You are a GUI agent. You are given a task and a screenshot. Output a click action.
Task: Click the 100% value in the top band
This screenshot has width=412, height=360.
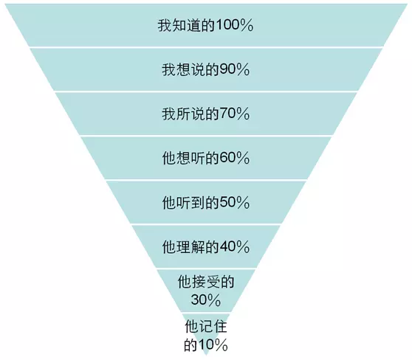tap(234, 26)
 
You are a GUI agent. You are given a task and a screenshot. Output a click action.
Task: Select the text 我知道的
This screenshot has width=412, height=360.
tap(186, 26)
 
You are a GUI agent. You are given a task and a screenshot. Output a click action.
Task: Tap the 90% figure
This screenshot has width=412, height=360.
tap(234, 70)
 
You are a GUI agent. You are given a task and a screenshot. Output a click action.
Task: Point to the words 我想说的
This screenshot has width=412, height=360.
tap(190, 70)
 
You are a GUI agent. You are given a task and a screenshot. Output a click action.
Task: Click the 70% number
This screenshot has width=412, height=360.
tap(234, 114)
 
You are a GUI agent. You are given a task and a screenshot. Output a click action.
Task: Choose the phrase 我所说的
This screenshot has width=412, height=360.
tap(190, 114)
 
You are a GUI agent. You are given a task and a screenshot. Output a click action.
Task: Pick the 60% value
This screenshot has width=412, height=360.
tap(234, 158)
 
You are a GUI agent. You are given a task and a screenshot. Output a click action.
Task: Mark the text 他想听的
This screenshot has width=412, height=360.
tap(190, 158)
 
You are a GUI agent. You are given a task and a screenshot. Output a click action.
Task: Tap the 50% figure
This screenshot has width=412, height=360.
tap(234, 202)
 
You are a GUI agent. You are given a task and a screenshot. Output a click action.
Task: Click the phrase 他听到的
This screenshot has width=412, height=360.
tap(190, 202)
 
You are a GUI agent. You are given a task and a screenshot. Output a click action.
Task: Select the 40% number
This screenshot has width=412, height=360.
tap(234, 247)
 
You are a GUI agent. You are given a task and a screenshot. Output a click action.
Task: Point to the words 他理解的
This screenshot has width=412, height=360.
tap(190, 247)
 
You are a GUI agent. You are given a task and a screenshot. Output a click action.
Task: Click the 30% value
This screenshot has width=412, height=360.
tap(206, 300)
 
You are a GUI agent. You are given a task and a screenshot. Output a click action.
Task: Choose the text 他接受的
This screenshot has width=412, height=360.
tap(206, 282)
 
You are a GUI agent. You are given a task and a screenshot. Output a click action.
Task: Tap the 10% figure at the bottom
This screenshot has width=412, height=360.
tap(213, 345)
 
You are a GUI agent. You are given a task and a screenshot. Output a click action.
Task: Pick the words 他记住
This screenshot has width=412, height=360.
tap(206, 327)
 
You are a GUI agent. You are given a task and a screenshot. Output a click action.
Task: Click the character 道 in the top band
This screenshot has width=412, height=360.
tap(193, 26)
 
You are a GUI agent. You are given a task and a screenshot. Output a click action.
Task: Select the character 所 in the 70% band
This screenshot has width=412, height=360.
tap(183, 114)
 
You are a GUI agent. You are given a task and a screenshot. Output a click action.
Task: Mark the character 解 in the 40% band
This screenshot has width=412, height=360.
tap(198, 247)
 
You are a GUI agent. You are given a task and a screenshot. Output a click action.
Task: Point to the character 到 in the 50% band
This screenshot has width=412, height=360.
tap(198, 202)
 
